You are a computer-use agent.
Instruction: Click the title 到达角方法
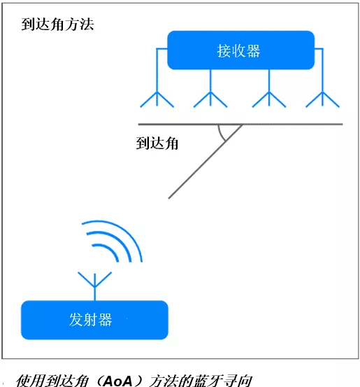(x=57, y=24)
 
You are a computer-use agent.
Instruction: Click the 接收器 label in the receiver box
(x=238, y=51)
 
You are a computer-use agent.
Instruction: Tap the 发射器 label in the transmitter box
(x=91, y=320)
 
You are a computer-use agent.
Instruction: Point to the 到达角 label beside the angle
(x=157, y=143)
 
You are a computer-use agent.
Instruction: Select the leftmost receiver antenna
(x=157, y=99)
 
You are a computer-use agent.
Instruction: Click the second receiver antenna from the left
(x=210, y=99)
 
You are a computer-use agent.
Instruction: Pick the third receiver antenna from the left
(x=269, y=99)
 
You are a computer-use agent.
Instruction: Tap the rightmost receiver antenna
(x=322, y=99)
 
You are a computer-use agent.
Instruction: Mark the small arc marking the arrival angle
(x=220, y=134)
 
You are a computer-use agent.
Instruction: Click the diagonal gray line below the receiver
(x=205, y=162)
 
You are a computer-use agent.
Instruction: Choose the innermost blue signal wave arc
(x=110, y=249)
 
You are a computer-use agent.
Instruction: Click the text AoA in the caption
(x=117, y=381)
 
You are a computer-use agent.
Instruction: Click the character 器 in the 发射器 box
(x=106, y=320)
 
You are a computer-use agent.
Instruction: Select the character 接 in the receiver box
(x=224, y=51)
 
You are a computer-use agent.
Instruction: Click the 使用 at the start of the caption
(x=31, y=381)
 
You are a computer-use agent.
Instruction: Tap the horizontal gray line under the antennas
(x=240, y=124)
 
